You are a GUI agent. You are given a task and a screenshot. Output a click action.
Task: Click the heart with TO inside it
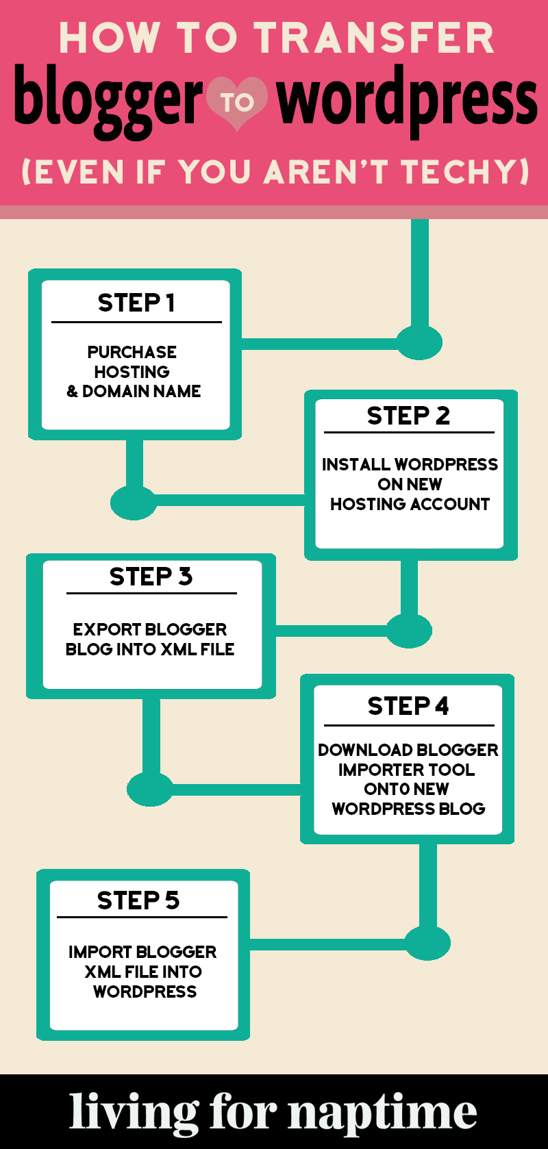pyautogui.click(x=237, y=103)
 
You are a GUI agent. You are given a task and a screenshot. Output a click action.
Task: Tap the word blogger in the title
pyautogui.click(x=108, y=101)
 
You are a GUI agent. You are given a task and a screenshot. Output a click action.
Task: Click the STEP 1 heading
pyautogui.click(x=136, y=303)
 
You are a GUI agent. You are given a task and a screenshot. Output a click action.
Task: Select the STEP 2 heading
pyautogui.click(x=408, y=416)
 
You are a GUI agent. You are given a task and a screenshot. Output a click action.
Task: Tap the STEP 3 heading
pyautogui.click(x=151, y=577)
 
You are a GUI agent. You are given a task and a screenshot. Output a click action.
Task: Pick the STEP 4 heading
pyautogui.click(x=408, y=706)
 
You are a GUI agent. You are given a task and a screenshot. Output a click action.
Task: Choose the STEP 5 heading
pyautogui.click(x=138, y=900)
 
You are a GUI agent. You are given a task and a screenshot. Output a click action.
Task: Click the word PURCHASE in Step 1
pyautogui.click(x=132, y=352)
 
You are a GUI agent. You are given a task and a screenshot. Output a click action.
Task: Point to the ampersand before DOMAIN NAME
pyautogui.click(x=72, y=392)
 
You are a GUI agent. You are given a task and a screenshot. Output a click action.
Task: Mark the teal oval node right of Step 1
pyautogui.click(x=419, y=342)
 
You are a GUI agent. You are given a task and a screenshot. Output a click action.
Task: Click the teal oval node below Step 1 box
pyautogui.click(x=134, y=503)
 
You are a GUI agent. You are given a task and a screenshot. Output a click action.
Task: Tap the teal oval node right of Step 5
pyautogui.click(x=427, y=943)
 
